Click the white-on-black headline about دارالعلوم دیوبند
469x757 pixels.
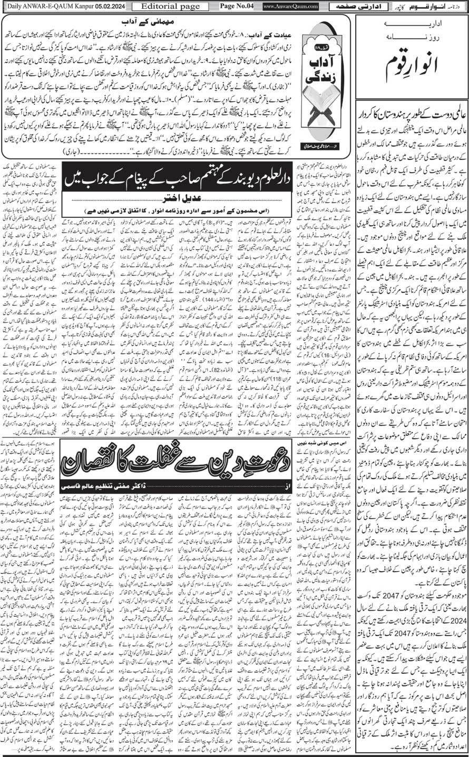pos(178,170)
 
